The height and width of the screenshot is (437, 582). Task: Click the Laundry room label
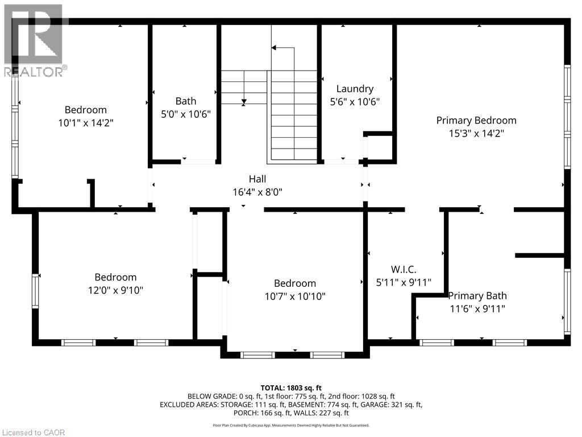[355, 89]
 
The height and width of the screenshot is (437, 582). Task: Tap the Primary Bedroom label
[476, 121]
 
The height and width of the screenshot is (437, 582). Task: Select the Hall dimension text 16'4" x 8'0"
[257, 192]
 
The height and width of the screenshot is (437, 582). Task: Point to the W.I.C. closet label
[404, 269]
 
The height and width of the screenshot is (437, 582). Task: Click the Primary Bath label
[477, 296]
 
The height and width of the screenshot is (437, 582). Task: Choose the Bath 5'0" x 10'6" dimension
[186, 114]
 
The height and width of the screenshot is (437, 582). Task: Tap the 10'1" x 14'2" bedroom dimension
[86, 123]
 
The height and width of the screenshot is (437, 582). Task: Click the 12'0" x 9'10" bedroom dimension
[116, 290]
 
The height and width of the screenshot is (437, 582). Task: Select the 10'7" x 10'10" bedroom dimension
[295, 296]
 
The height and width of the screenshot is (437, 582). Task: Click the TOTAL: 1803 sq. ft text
[291, 388]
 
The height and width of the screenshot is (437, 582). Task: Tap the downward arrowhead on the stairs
[244, 101]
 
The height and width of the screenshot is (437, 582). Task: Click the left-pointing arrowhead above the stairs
[274, 48]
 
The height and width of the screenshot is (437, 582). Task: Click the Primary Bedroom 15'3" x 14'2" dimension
[477, 133]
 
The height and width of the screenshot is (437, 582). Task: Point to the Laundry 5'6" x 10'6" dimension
[355, 101]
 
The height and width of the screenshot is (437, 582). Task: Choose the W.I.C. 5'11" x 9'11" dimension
[404, 282]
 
